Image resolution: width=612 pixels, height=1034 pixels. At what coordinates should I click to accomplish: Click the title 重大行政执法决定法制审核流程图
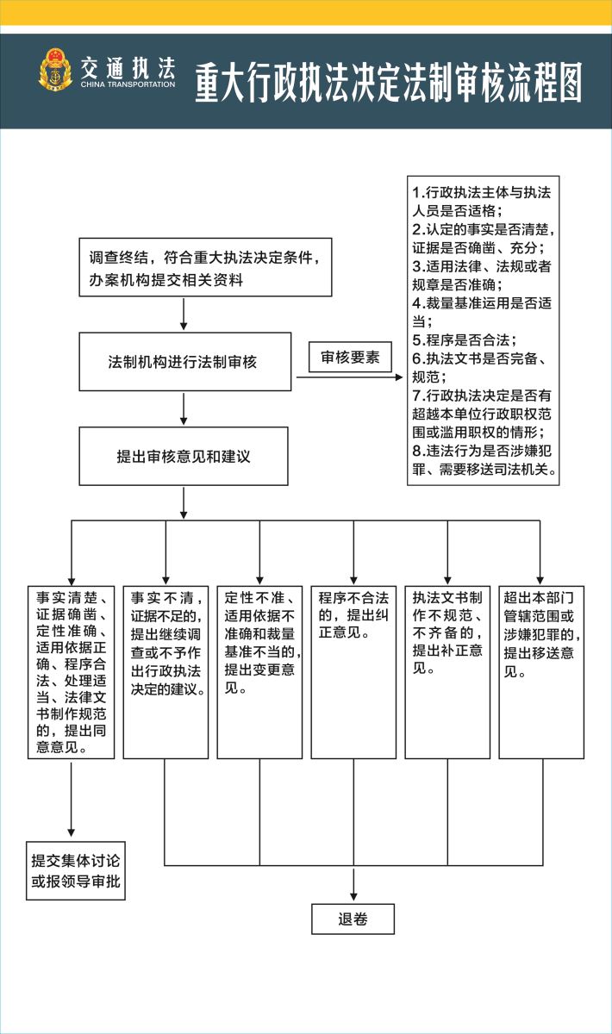(388, 83)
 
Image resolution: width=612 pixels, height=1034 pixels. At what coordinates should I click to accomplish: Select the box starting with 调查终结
(205, 268)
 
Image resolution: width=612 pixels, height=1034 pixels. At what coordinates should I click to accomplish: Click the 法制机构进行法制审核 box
(184, 362)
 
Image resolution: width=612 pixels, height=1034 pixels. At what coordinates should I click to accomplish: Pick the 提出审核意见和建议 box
(183, 456)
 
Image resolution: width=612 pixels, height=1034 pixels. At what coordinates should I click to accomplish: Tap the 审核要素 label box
(350, 357)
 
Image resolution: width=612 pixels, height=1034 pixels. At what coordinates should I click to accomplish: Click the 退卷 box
(353, 919)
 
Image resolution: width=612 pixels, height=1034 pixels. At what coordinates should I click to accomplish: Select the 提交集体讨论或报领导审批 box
(75, 871)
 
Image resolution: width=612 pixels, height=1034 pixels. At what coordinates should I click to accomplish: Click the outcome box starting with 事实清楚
(71, 672)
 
